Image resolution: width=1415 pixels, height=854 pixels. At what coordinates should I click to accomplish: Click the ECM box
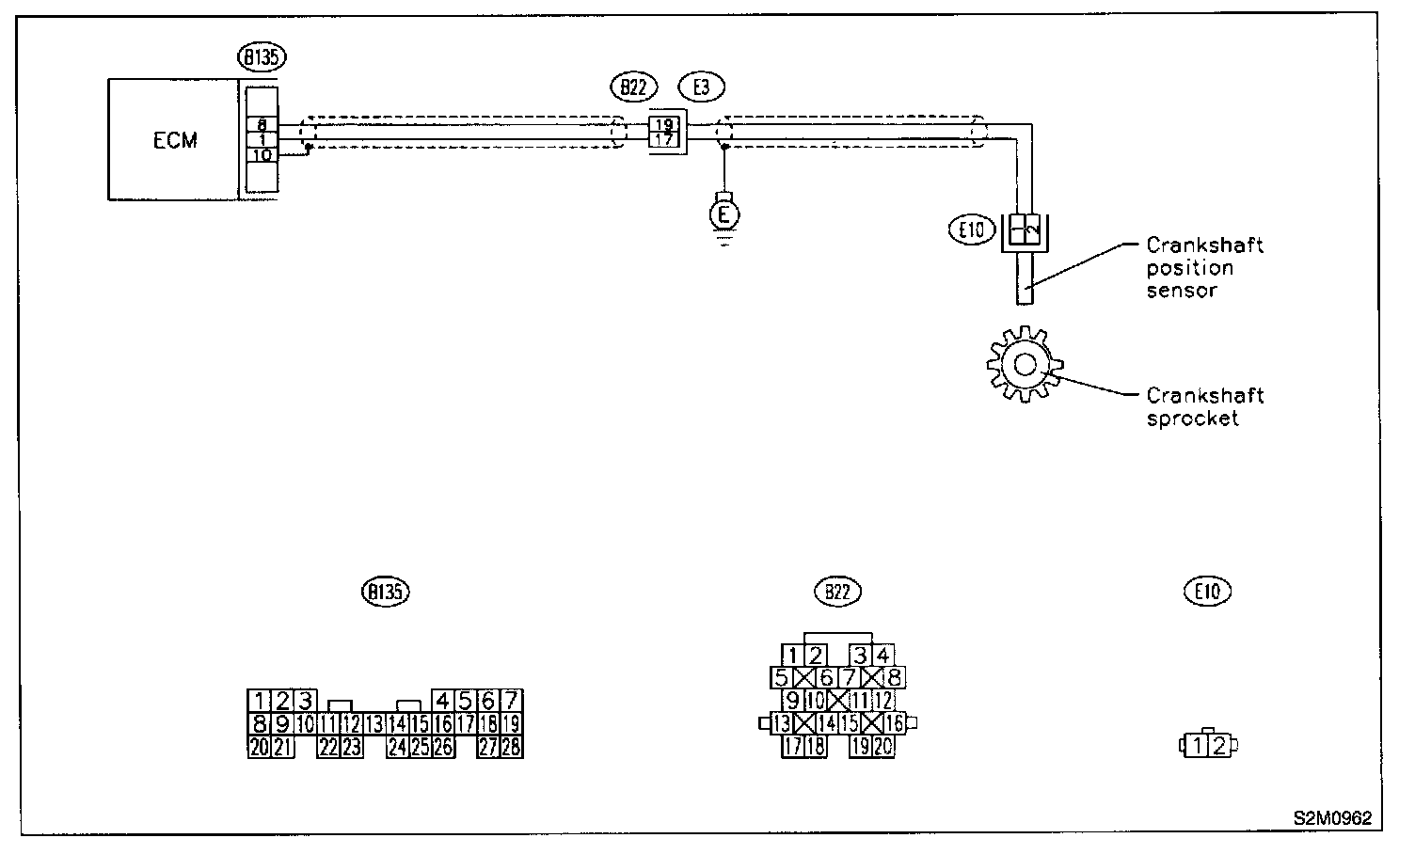click(174, 139)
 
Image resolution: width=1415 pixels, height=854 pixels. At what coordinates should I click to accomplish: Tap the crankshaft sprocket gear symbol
click(1025, 363)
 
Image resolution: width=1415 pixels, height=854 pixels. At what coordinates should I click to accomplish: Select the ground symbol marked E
click(723, 214)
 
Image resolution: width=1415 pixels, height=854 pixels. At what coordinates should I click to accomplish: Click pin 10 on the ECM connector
click(262, 154)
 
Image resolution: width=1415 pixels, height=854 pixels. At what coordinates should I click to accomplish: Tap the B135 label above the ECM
click(262, 56)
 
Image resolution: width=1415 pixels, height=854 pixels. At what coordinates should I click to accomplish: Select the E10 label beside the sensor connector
click(972, 229)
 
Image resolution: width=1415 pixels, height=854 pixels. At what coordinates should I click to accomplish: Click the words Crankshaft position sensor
click(1203, 267)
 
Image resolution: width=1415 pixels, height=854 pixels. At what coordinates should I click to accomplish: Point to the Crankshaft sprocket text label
click(1204, 406)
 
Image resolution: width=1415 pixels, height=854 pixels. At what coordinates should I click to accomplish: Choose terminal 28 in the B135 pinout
click(512, 747)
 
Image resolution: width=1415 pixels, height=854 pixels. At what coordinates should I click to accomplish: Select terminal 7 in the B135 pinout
click(511, 701)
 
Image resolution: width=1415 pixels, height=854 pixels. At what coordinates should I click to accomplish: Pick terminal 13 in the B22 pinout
click(781, 723)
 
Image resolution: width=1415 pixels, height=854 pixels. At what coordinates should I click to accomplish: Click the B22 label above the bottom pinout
click(837, 592)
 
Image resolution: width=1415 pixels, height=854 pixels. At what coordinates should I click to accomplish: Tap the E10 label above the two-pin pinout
click(1207, 592)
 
